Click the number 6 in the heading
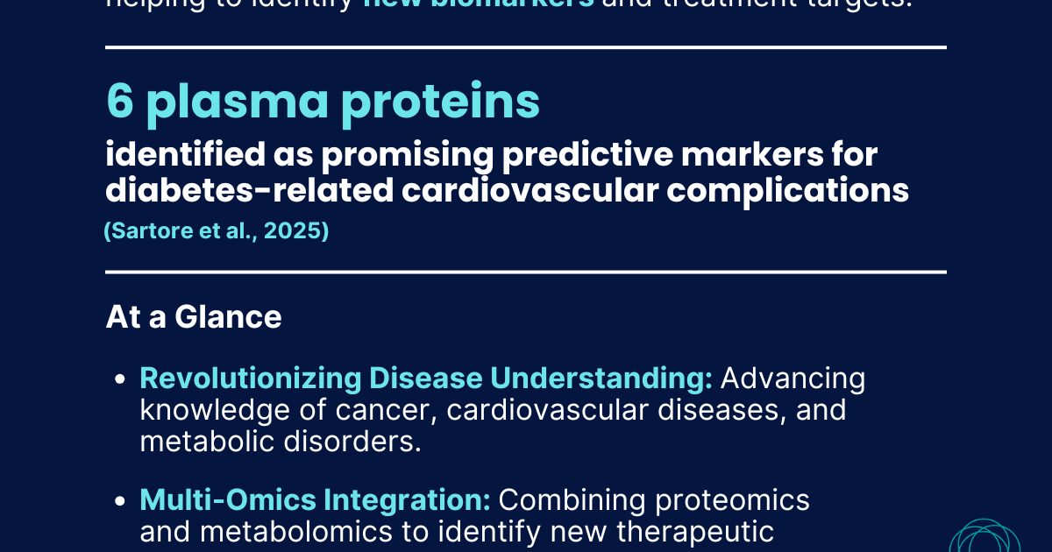[x=119, y=102]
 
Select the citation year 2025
[x=296, y=232]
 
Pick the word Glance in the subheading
[x=228, y=317]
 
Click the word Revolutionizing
[x=250, y=379]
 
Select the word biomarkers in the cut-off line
[x=478, y=4]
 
